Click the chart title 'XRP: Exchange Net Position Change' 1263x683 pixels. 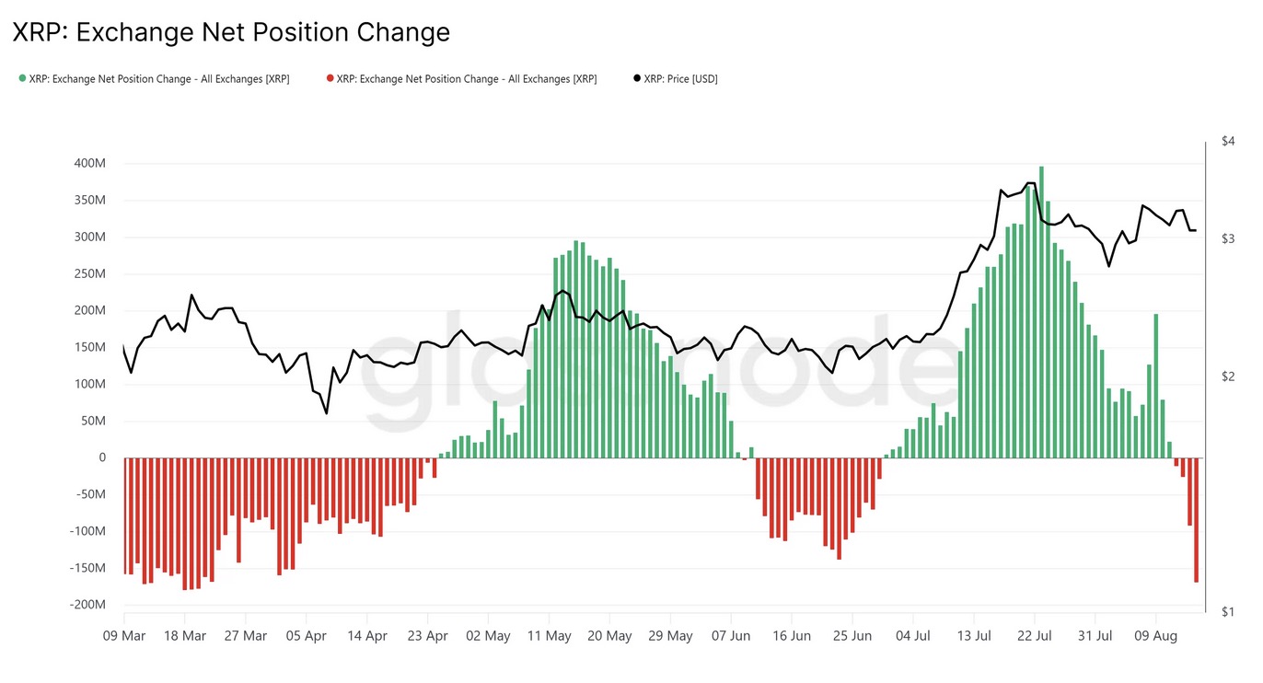click(x=231, y=33)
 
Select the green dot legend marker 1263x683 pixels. click(x=22, y=79)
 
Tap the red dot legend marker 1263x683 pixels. click(x=330, y=79)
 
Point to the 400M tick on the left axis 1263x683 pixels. click(x=89, y=164)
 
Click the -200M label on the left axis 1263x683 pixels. click(x=87, y=605)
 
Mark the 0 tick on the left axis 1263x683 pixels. click(x=101, y=457)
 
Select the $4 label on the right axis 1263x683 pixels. click(x=1227, y=141)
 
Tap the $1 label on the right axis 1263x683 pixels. click(x=1227, y=612)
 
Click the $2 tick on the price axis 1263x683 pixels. click(x=1227, y=376)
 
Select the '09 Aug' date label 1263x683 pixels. click(x=1155, y=636)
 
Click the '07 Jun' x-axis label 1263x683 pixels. click(x=731, y=636)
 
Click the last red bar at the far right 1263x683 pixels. click(x=1196, y=519)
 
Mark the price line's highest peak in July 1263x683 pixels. click(x=1032, y=183)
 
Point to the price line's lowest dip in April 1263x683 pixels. click(x=327, y=413)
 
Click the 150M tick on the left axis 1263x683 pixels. click(x=89, y=347)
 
